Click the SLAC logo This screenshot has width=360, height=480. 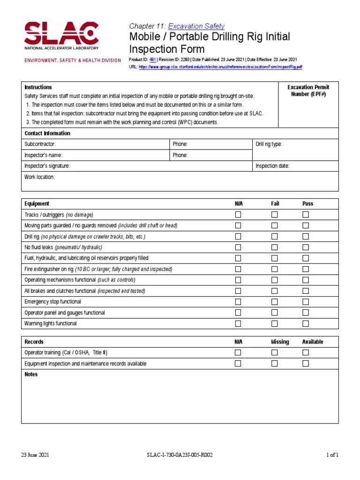click(61, 35)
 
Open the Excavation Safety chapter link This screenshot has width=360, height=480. click(196, 26)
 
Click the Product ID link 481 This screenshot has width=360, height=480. click(152, 60)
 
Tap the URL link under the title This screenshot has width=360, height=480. click(220, 67)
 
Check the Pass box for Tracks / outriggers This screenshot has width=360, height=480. click(306, 215)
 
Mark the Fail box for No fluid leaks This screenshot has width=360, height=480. click(274, 247)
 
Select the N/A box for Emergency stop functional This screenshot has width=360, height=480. click(238, 301)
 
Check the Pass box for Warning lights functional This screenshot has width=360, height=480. click(306, 323)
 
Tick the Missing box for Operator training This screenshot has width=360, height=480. click(274, 352)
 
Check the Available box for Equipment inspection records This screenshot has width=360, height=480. click(306, 363)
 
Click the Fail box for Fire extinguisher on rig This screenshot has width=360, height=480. click(274, 269)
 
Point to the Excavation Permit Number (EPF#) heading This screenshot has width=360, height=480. click(308, 90)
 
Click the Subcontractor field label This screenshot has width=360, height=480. click(40, 144)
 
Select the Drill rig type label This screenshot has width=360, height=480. click(269, 144)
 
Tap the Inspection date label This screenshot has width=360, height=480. click(272, 166)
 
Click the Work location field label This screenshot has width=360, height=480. click(39, 177)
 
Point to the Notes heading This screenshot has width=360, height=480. click(31, 375)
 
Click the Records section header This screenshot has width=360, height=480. click(34, 342)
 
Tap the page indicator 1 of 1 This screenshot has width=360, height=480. click(332, 455)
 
